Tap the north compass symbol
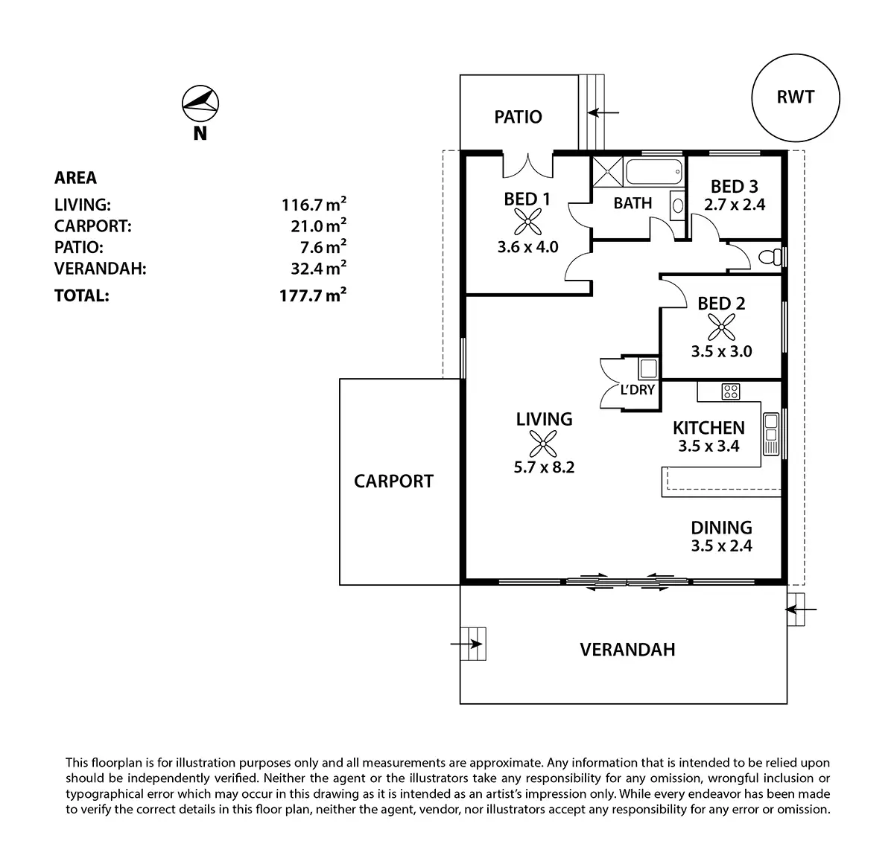tap(200, 103)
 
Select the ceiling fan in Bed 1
tap(528, 222)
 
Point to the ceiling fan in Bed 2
tap(721, 327)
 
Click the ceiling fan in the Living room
tap(543, 444)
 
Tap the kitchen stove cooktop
tap(730, 391)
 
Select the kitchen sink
tap(771, 434)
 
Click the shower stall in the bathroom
tap(607, 172)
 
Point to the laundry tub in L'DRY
tap(649, 368)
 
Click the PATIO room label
tap(519, 117)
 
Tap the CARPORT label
tap(393, 482)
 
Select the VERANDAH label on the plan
tap(627, 650)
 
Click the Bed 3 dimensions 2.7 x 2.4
tap(735, 205)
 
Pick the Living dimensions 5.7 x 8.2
tap(544, 467)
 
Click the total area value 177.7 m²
tap(313, 295)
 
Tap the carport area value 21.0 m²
tap(319, 225)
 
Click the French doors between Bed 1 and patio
tap(528, 166)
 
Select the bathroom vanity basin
tap(678, 205)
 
